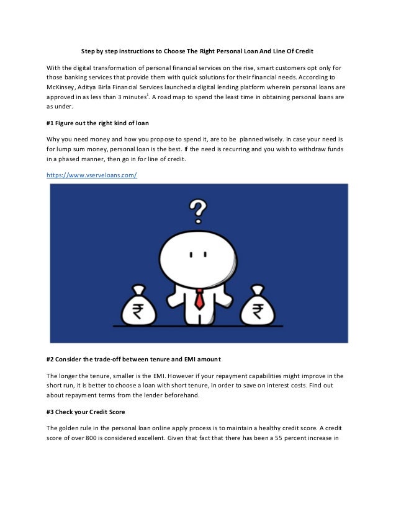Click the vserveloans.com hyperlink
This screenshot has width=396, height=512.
click(92, 175)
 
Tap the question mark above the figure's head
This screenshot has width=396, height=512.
click(197, 207)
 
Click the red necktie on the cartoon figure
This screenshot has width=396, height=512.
click(199, 299)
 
